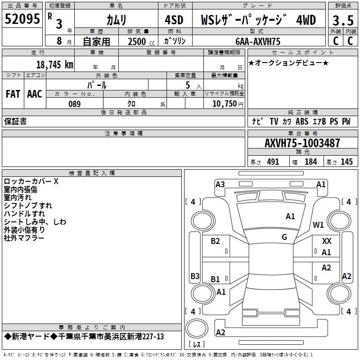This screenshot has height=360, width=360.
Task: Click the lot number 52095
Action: (x=22, y=19)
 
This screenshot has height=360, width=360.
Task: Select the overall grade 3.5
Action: (x=343, y=20)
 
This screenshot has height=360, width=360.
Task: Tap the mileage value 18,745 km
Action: (x=55, y=65)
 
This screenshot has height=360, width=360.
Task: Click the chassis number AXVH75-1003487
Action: (x=302, y=143)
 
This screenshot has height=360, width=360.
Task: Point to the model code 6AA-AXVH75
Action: (x=258, y=41)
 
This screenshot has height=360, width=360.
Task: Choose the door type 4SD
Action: (x=174, y=20)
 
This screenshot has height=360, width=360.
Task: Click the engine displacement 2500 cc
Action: (x=141, y=41)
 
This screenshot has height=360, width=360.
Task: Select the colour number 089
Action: (x=75, y=104)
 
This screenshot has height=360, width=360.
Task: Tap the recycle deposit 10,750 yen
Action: (x=228, y=104)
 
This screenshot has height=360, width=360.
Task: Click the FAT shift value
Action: (x=13, y=94)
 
